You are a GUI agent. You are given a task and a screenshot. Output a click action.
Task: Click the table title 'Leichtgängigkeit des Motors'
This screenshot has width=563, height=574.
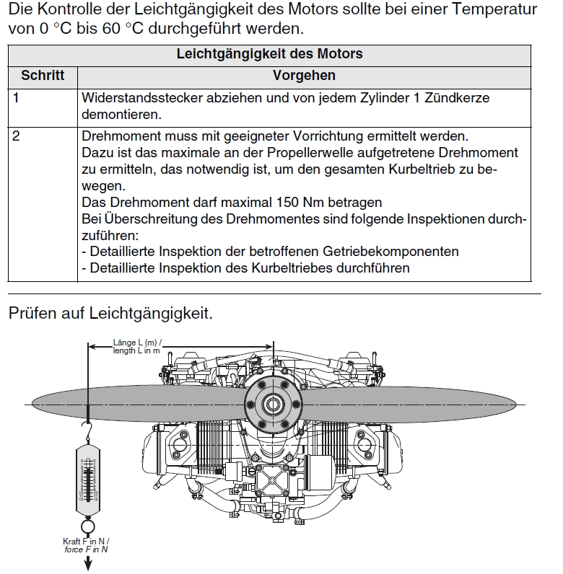(x=269, y=54)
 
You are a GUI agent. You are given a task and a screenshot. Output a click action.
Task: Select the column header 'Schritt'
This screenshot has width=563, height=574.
(x=42, y=76)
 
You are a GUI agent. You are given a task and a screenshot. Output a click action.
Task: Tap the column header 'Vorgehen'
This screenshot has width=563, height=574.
(x=304, y=76)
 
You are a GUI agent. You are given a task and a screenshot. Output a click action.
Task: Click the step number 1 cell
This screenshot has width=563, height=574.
(x=16, y=97)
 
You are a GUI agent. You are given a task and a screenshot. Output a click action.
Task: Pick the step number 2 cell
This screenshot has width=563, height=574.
(x=16, y=136)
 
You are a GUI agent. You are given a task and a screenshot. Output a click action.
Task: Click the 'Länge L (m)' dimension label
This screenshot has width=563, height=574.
(x=138, y=342)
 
